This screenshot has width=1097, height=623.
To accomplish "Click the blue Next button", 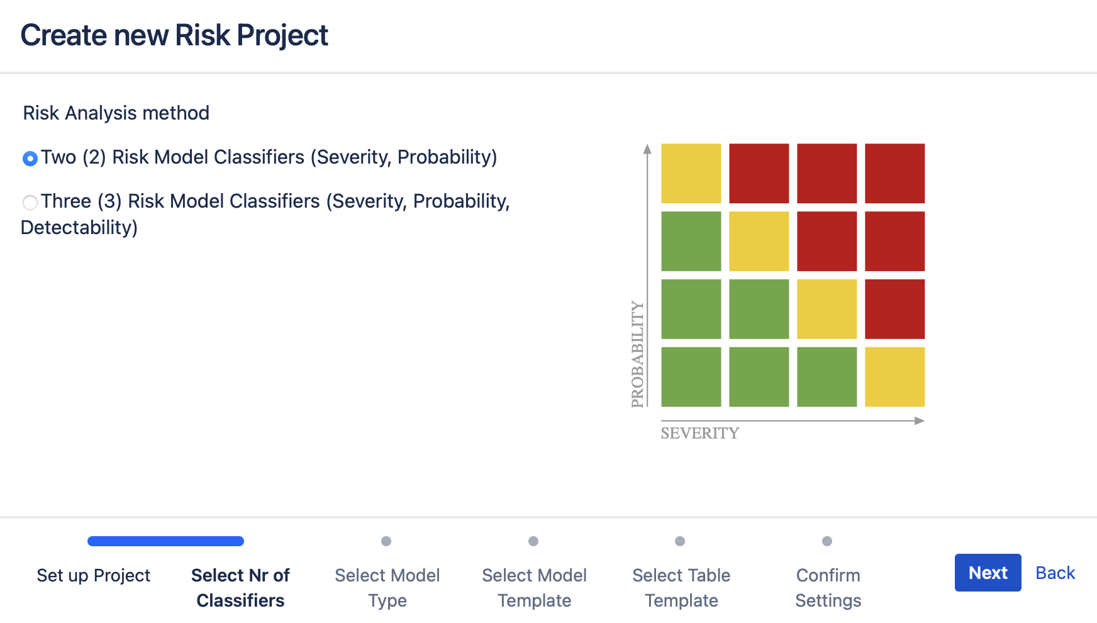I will point(988,573).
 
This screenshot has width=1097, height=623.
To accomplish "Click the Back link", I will point(1055,573).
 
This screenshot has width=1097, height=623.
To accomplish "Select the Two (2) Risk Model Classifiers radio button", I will point(30,159).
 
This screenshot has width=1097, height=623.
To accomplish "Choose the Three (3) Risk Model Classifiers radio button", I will point(30,203).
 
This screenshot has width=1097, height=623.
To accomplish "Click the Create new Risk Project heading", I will point(174,35).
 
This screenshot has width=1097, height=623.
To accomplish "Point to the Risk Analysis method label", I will point(116,113).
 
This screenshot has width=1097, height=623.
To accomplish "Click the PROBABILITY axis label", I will point(638,354).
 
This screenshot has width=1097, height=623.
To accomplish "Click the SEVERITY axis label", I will point(699,434).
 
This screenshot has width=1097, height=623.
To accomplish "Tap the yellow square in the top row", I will point(691,174).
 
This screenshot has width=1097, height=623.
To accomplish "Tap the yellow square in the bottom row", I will point(894,377).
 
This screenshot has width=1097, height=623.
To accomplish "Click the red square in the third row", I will point(894,309).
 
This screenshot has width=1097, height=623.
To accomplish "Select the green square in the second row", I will point(691,241).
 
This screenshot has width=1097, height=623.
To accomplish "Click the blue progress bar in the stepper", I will point(165,541).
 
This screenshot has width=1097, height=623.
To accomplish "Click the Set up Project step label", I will point(94,575).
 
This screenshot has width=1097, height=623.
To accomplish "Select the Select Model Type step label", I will point(387,587).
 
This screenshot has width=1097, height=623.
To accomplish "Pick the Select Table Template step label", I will point(681,587).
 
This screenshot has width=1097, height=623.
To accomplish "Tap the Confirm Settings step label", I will point(828,587).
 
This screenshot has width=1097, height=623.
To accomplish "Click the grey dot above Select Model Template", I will point(533,541).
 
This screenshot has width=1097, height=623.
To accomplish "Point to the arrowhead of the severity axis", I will point(920,420).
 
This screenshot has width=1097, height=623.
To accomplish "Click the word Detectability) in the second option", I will point(79,228).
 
